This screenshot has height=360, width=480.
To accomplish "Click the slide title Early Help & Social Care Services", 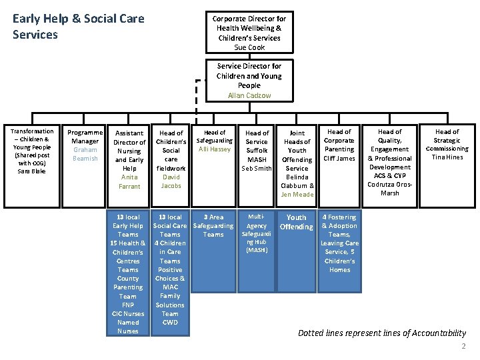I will [x=78, y=27].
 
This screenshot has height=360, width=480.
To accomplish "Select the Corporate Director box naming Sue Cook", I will [x=249, y=33].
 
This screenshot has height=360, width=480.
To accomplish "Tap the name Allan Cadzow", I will [x=249, y=95].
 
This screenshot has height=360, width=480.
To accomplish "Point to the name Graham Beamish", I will [x=85, y=154].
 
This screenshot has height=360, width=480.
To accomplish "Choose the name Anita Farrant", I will [x=129, y=182].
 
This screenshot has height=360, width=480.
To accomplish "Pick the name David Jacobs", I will [x=171, y=181].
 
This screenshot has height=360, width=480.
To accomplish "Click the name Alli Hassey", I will [x=214, y=149].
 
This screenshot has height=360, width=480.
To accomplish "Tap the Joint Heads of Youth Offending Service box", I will [x=297, y=163].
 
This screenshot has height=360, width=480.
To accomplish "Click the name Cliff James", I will [x=339, y=158].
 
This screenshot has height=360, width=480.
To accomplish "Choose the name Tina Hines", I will [x=447, y=157].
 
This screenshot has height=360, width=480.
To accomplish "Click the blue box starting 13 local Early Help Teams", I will [x=128, y=273].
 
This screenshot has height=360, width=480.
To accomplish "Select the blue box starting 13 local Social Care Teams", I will [x=170, y=269].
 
